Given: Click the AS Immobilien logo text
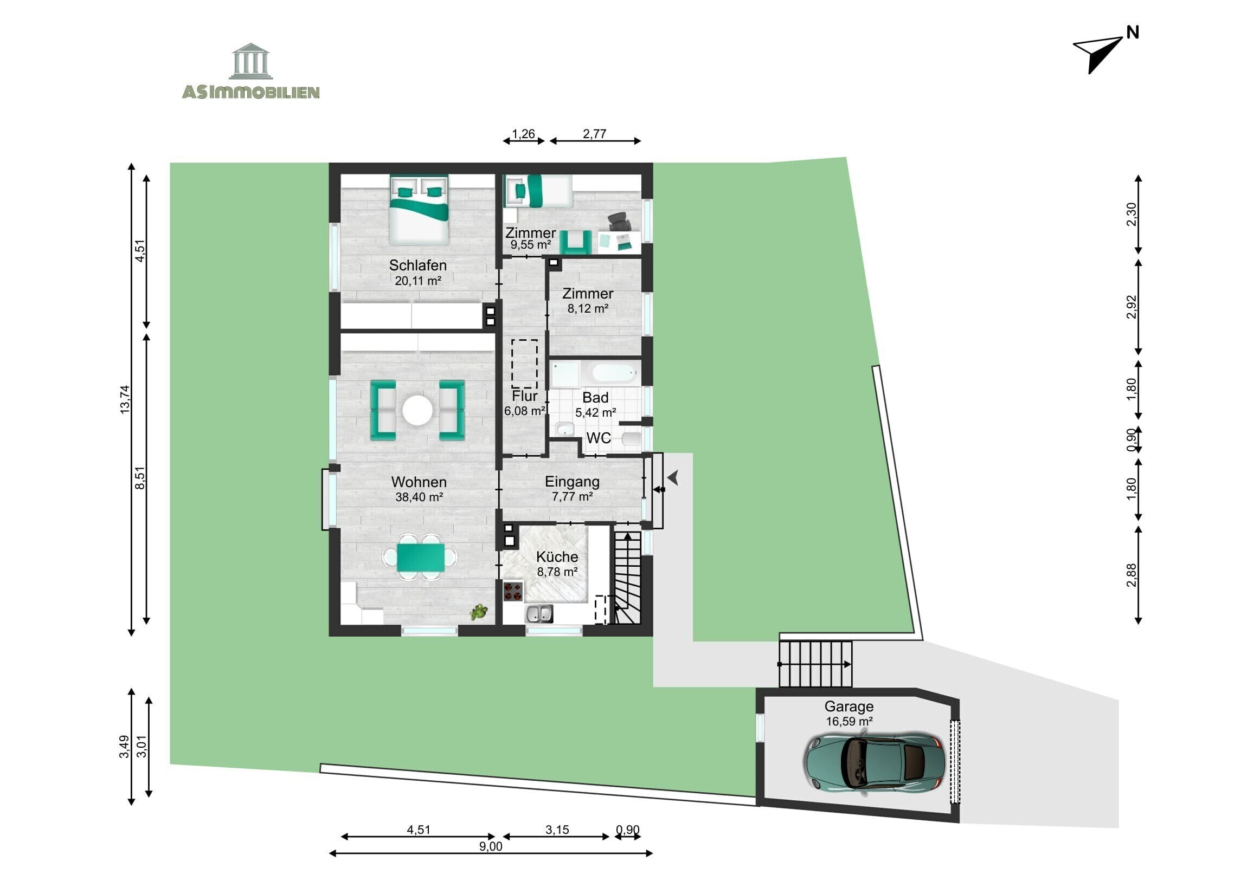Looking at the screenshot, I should click(250, 92).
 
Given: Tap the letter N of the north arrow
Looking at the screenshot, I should click(1133, 33).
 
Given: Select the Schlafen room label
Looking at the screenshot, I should click(417, 265).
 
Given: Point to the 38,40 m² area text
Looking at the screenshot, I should click(419, 497).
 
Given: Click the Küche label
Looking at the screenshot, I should click(557, 557).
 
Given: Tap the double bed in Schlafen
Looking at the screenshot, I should click(419, 210).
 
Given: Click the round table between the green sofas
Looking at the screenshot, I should click(417, 410).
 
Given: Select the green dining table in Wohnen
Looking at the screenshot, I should click(420, 558).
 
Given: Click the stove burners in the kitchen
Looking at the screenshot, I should click(513, 591).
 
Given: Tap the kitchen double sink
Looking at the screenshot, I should click(539, 614).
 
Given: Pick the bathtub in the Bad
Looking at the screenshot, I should click(613, 373).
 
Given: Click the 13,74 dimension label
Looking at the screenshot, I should click(125, 399).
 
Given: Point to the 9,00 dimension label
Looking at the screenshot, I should click(491, 846).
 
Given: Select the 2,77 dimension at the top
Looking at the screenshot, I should click(594, 133).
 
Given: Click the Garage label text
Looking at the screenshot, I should click(849, 707).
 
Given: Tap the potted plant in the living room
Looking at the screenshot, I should click(479, 612).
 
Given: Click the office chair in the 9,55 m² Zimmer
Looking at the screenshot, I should click(619, 221).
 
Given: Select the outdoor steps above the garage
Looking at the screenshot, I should click(815, 664).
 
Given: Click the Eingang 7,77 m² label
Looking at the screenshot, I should click(572, 489).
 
